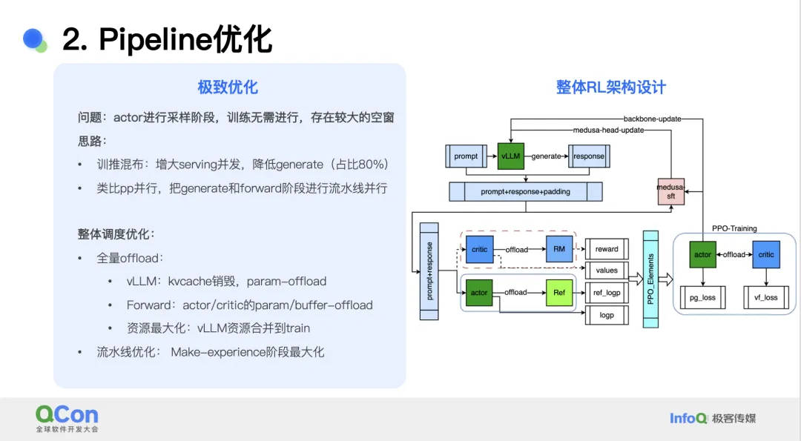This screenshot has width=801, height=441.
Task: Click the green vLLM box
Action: tap(510, 156)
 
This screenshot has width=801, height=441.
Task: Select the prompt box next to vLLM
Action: tap(466, 156)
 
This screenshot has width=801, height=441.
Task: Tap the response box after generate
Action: tap(589, 156)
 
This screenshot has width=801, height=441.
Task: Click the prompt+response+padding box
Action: tap(526, 191)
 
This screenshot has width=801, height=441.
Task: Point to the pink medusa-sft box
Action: tap(670, 191)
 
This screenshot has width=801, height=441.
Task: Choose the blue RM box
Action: tap(559, 249)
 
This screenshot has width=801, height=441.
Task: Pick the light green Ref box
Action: tap(559, 293)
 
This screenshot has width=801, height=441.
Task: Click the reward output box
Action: tap(607, 249)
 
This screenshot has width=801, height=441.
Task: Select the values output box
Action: tap(607, 271)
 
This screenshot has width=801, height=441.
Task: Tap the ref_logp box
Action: tap(607, 293)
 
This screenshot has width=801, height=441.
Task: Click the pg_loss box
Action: tap(703, 297)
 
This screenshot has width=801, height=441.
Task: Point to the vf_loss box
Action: tap(766, 297)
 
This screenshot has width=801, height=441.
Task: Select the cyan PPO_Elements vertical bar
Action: tap(650, 279)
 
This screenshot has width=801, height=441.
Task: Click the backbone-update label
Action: tap(653, 119)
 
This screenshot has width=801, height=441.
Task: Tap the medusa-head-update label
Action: tap(608, 130)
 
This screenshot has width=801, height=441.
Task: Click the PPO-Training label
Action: tap(734, 228)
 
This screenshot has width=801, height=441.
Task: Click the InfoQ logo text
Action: tap(688, 419)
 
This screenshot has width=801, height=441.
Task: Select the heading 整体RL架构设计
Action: tap(611, 87)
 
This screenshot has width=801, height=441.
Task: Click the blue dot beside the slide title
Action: tap(33, 39)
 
